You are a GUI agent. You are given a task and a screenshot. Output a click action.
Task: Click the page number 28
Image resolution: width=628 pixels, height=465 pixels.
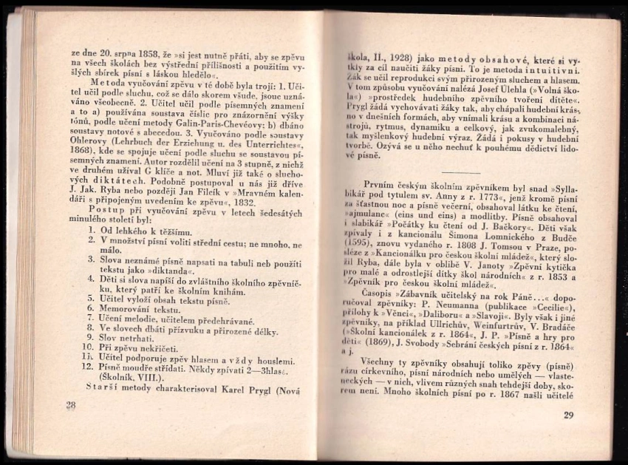[70, 404]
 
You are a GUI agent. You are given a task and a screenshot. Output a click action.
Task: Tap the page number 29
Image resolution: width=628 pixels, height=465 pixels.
[567, 415]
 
